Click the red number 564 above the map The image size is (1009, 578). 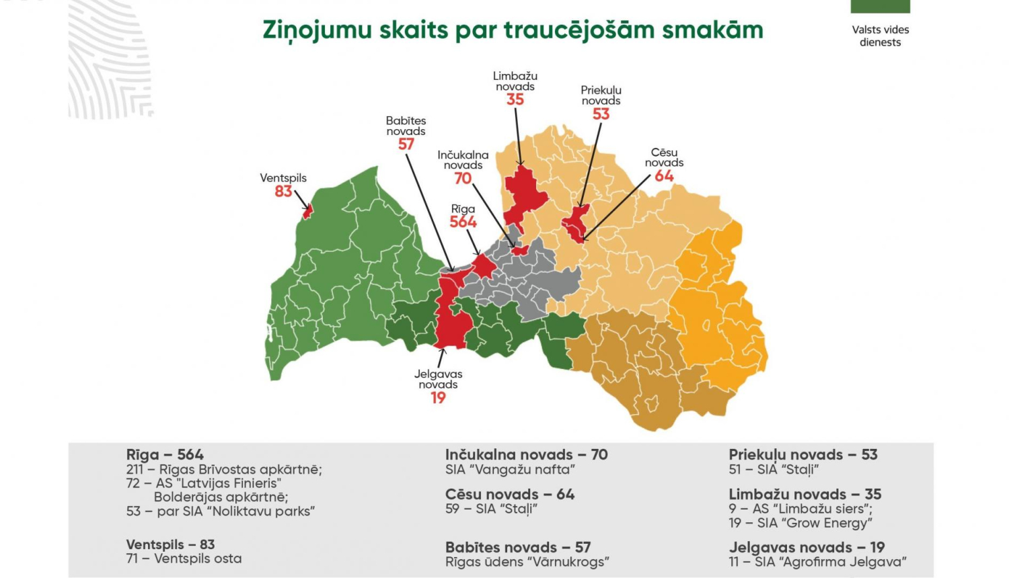click(463, 222)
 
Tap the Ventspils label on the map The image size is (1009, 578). click(283, 178)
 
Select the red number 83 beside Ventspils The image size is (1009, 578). click(283, 192)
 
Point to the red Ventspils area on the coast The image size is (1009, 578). click(308, 212)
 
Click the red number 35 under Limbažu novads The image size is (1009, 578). click(515, 99)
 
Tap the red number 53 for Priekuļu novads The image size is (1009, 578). click(601, 114)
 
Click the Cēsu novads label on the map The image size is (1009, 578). click(664, 157)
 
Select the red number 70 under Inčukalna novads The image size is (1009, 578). click(463, 178)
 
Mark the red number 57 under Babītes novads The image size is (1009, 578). click(406, 144)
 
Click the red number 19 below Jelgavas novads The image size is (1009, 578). click(438, 398)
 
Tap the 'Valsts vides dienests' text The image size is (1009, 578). click(880, 36)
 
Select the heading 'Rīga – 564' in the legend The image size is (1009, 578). click(165, 455)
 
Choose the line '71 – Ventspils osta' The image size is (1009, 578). click(184, 559)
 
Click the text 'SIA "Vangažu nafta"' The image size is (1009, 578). click(510, 470)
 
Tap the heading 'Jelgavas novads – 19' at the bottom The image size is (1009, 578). click(807, 547)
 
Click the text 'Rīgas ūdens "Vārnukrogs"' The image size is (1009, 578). click(527, 562)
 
